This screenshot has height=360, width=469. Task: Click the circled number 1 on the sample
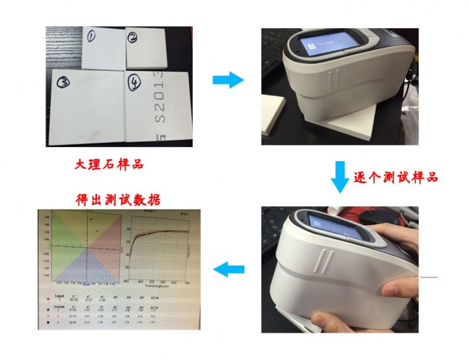tap(92, 37)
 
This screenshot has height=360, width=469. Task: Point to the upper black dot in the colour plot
tap(91, 219)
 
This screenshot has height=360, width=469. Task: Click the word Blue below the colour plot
tap(86, 284)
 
